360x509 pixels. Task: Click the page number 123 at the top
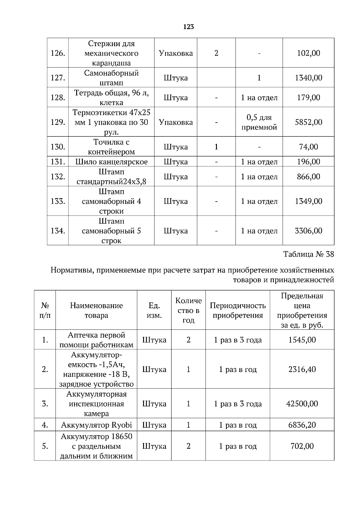pos(188,27)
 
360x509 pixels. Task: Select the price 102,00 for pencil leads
pos(308,53)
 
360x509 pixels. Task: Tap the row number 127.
pos(58,78)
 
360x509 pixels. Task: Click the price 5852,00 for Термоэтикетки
pos(308,122)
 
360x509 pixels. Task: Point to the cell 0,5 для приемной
pos(259,122)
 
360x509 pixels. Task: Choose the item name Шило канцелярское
pos(111,162)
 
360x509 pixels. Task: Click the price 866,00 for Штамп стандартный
pos(308,177)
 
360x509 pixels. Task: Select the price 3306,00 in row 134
pos(308,231)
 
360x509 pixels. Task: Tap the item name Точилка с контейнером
pos(111,147)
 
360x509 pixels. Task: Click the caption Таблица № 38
pos(308,254)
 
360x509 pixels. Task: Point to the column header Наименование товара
pos(96,310)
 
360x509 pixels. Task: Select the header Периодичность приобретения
pos(238,310)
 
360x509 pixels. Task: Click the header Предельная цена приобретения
pos(302,310)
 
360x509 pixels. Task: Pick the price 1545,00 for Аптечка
pos(302,340)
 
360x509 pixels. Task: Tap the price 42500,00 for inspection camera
pos(302,403)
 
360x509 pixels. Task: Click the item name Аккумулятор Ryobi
pos(96,425)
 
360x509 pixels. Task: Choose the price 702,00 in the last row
pos(302,446)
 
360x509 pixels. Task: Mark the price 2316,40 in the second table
pos(302,369)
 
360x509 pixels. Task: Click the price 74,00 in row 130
pos(308,147)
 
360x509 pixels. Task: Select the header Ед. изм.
pos(154,310)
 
